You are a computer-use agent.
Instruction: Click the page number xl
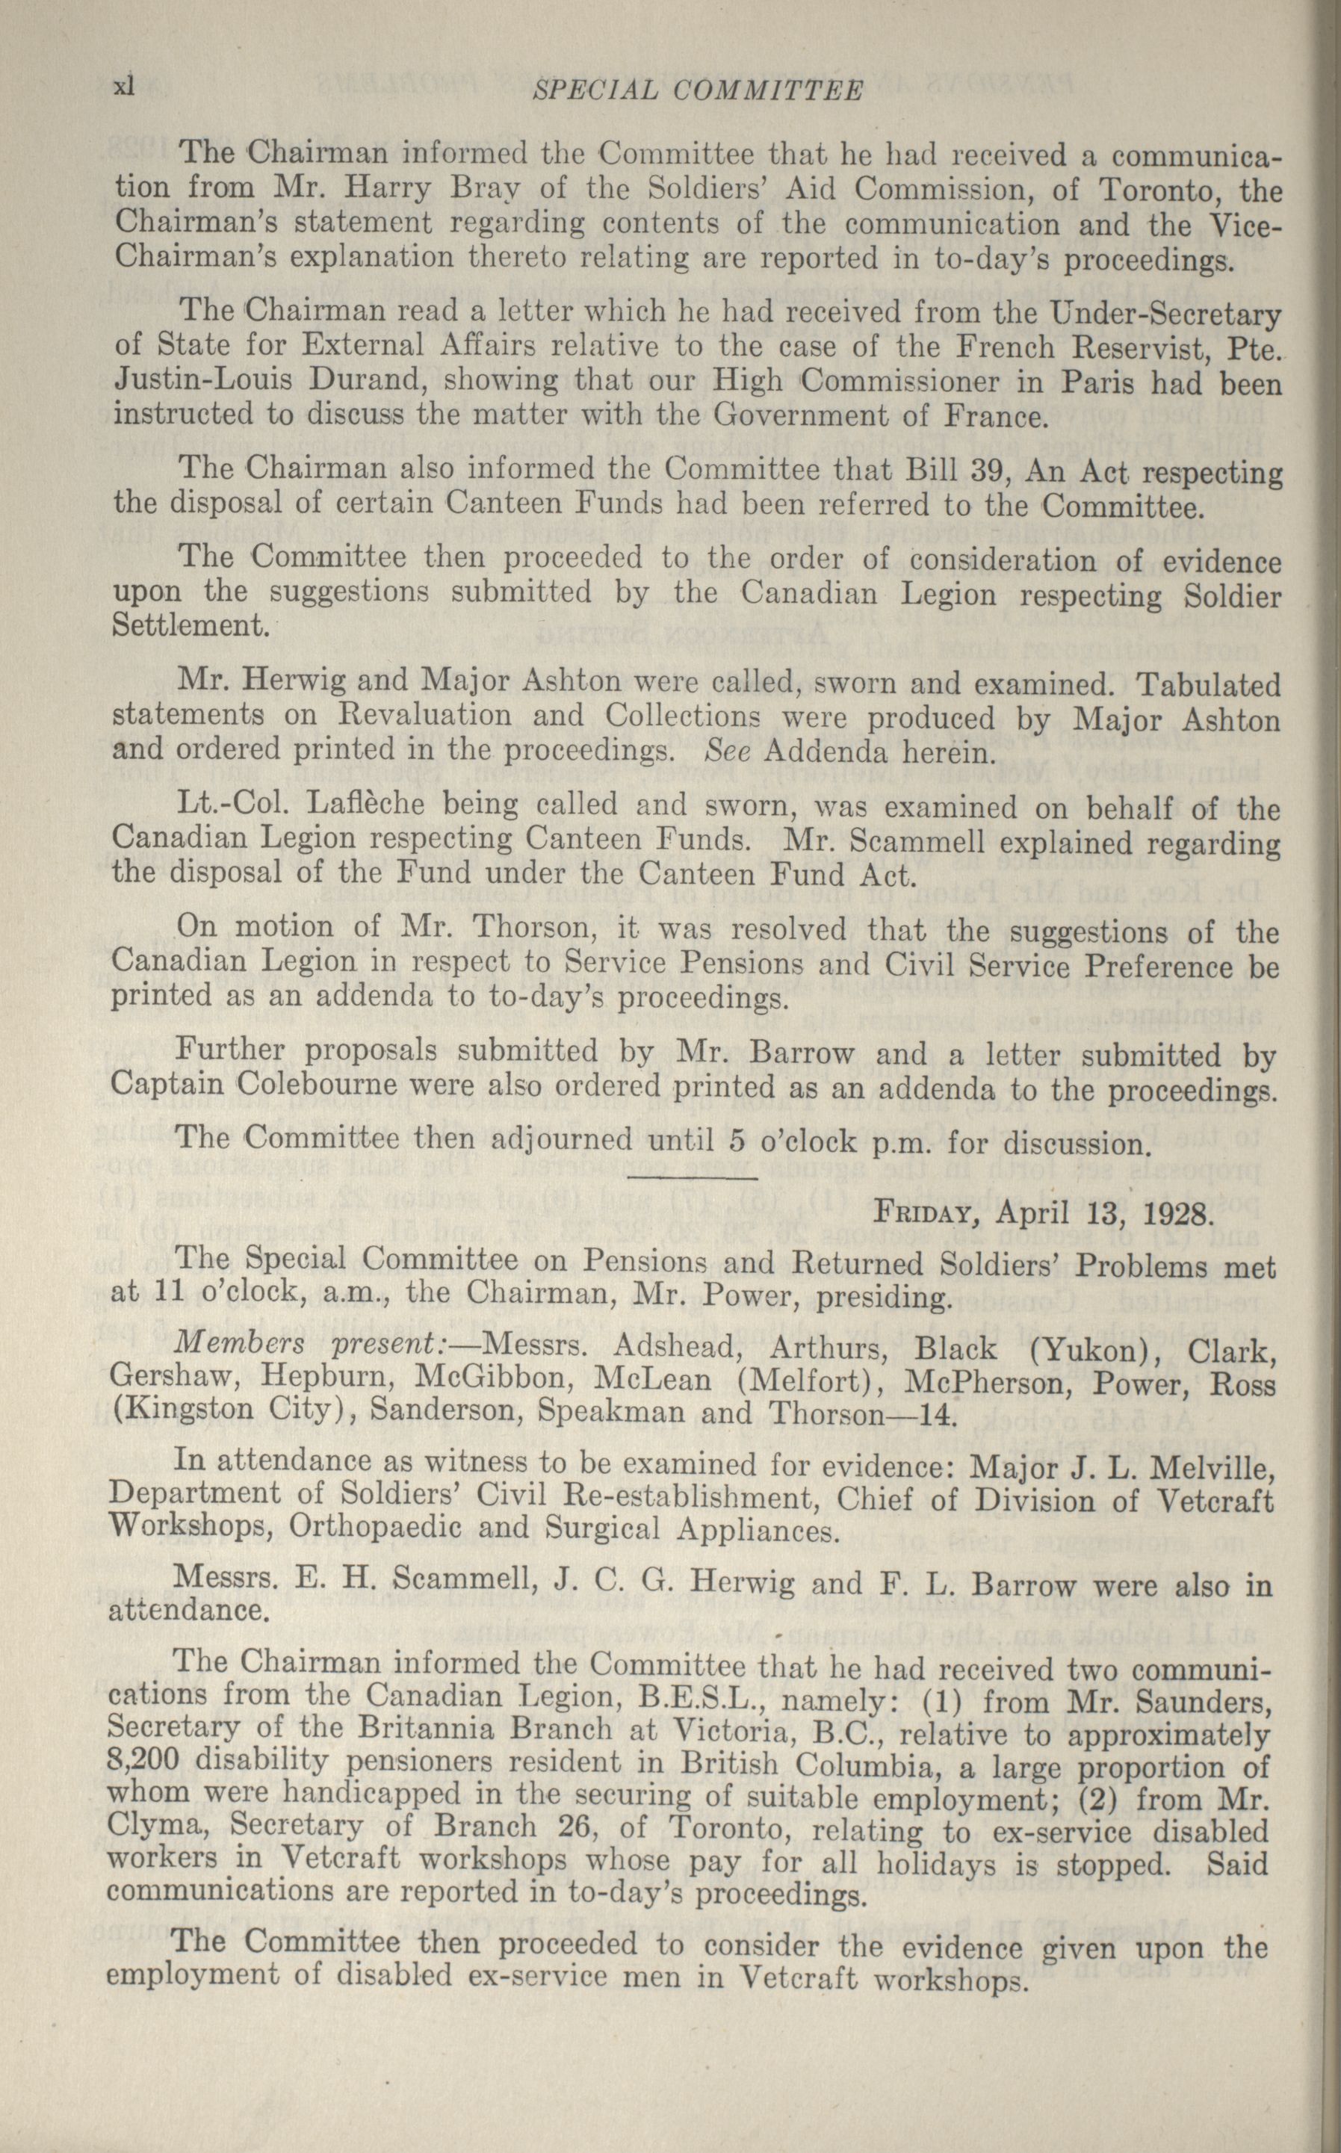[123, 86]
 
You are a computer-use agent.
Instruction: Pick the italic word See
[727, 752]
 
